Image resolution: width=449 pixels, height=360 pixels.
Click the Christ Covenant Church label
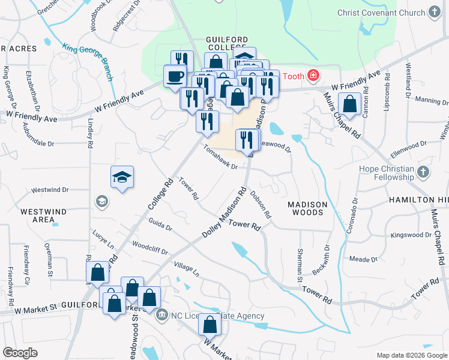[x=381, y=13]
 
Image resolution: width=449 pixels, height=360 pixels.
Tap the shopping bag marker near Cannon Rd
[x=349, y=104]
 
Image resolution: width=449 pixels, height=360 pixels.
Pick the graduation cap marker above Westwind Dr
[x=122, y=177]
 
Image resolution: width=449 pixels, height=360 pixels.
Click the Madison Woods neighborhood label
[x=307, y=208]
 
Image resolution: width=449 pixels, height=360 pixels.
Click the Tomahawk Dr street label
[x=220, y=157]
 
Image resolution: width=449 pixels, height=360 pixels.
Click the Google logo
[x=20, y=353]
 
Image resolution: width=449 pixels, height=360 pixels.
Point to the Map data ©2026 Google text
[x=411, y=355]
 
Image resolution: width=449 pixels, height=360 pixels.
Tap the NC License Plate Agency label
[x=217, y=316]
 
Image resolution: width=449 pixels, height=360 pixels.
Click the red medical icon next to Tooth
[x=312, y=76]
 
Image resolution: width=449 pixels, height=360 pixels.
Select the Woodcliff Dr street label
[x=150, y=248]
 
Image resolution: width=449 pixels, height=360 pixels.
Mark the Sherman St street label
[x=300, y=266]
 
